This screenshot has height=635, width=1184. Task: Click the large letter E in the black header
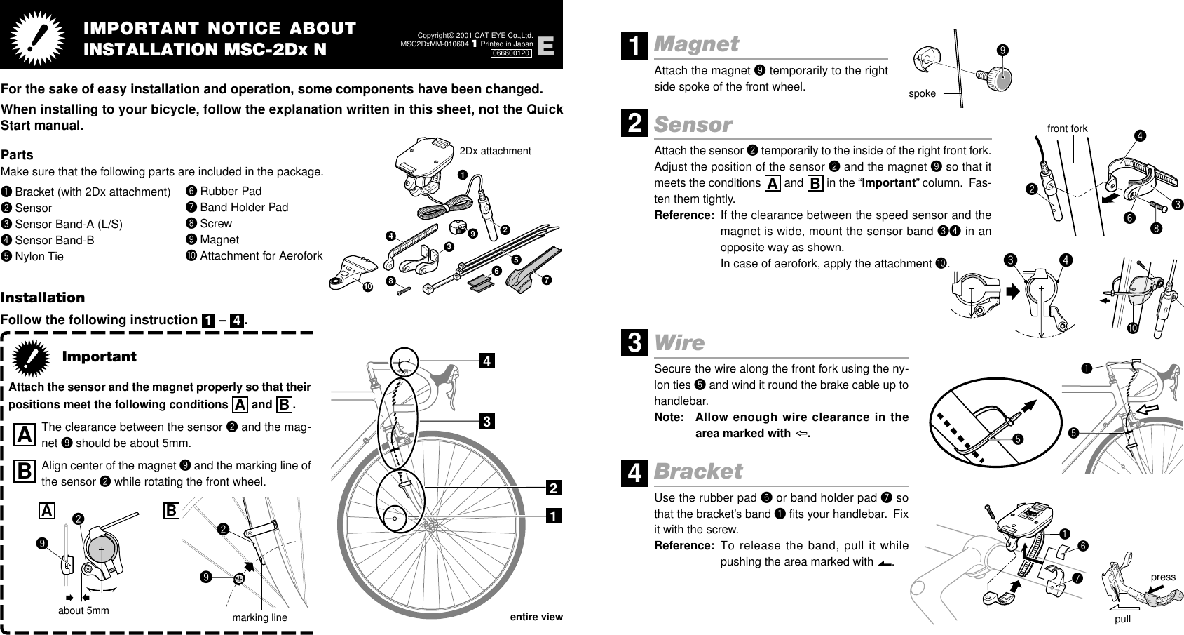click(546, 47)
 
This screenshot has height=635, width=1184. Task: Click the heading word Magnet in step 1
click(696, 44)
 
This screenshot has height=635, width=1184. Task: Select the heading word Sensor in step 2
click(693, 125)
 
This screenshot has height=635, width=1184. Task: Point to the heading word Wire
click(679, 343)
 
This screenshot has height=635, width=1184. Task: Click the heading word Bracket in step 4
click(698, 471)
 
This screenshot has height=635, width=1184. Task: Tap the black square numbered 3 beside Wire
click(634, 345)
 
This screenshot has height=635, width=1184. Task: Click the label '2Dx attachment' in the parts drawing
click(495, 151)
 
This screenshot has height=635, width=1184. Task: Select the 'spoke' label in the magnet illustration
click(922, 93)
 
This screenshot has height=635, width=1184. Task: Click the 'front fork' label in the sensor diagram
click(1067, 128)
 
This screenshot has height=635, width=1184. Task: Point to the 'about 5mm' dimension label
click(83, 610)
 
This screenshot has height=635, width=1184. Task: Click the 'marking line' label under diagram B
click(259, 617)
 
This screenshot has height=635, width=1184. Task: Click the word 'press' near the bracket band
click(1163, 577)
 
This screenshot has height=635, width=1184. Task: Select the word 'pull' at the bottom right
click(1122, 620)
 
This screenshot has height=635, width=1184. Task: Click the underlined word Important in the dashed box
click(100, 356)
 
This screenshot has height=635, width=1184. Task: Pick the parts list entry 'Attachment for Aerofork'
click(261, 255)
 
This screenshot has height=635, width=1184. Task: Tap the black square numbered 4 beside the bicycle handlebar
click(486, 361)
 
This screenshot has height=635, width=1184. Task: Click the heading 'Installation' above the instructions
click(43, 298)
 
